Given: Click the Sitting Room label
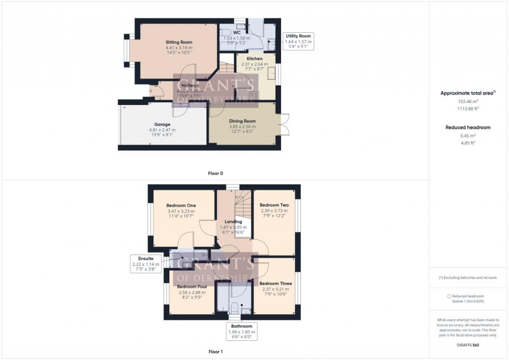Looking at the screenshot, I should (179, 42).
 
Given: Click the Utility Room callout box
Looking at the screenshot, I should (298, 41).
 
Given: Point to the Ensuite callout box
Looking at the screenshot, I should (145, 263).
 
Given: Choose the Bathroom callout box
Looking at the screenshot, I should (241, 331).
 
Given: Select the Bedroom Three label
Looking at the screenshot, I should (275, 284).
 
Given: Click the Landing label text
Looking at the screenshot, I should (233, 222).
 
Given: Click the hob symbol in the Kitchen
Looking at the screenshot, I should (254, 95).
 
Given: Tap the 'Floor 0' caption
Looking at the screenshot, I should (215, 173).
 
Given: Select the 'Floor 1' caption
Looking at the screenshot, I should (216, 352).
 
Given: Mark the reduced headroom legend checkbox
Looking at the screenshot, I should (449, 296).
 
